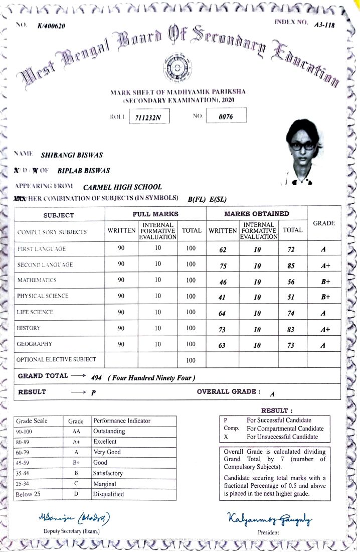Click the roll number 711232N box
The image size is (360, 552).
point(149,117)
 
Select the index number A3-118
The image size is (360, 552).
point(324,25)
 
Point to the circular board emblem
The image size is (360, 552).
point(175,67)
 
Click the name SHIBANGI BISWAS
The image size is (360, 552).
point(72,156)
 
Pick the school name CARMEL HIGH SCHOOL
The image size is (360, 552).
point(122,187)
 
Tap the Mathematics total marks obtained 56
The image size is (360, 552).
point(291,283)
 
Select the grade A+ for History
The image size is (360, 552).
point(325,330)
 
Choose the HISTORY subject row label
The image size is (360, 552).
point(29,328)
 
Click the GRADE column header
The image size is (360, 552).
point(323,223)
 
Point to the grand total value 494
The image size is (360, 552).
point(97,378)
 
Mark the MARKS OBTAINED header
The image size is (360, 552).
point(256,214)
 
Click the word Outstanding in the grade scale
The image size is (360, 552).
point(109,431)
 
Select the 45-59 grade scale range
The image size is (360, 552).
point(24,463)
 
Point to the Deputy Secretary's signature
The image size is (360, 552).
point(74,517)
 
